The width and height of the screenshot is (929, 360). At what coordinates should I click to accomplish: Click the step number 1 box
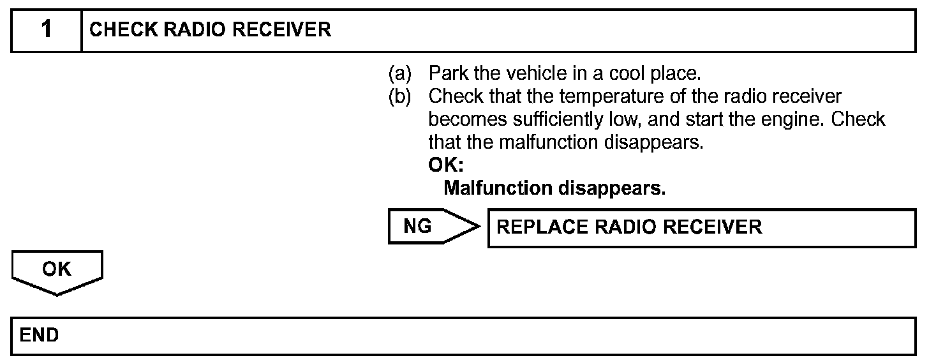(47, 30)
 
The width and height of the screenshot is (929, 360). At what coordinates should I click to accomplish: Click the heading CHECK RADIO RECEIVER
(210, 30)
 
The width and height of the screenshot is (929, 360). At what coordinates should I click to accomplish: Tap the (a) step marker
(400, 74)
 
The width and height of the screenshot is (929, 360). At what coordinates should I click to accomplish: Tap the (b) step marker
(400, 97)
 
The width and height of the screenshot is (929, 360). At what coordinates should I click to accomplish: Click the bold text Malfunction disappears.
(554, 188)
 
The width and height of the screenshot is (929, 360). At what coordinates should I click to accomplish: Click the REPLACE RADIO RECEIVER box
(701, 227)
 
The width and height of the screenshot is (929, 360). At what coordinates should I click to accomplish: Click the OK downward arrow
(57, 271)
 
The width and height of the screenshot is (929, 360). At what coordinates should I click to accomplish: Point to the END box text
(40, 335)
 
